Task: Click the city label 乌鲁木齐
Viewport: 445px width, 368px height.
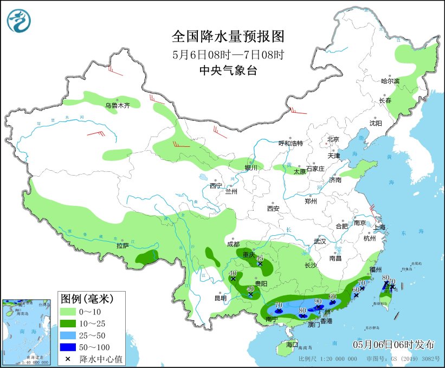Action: pyautogui.click(x=118, y=106)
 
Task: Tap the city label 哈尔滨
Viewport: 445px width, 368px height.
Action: pyautogui.click(x=390, y=81)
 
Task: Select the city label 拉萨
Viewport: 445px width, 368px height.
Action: pyautogui.click(x=122, y=246)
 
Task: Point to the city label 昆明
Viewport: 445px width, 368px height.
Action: pyautogui.click(x=221, y=298)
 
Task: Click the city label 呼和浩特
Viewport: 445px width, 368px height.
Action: pyautogui.click(x=291, y=143)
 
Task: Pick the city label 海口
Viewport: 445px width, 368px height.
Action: pyautogui.click(x=293, y=344)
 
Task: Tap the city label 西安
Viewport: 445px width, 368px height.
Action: pyautogui.click(x=273, y=209)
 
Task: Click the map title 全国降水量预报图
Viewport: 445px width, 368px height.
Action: pyautogui.click(x=228, y=36)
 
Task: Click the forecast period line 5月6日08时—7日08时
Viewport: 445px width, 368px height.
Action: pyautogui.click(x=228, y=54)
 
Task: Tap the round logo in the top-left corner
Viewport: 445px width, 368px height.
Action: pyautogui.click(x=19, y=20)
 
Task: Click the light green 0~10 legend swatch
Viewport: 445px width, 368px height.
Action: pyautogui.click(x=68, y=312)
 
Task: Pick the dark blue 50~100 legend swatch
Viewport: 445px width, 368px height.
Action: pyautogui.click(x=68, y=346)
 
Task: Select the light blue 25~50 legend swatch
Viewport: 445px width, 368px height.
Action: pyautogui.click(x=68, y=335)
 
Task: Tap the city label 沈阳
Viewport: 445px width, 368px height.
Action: pyautogui.click(x=376, y=123)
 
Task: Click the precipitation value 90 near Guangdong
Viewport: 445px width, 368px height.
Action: pyautogui.click(x=318, y=301)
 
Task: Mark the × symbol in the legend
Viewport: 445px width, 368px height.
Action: pyautogui.click(x=68, y=358)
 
